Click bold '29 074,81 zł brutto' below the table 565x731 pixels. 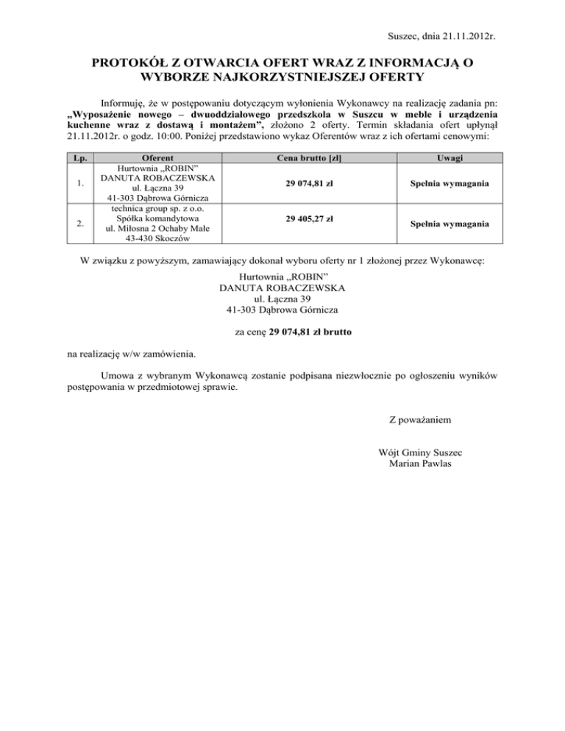(310, 332)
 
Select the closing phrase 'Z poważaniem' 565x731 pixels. (419, 420)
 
